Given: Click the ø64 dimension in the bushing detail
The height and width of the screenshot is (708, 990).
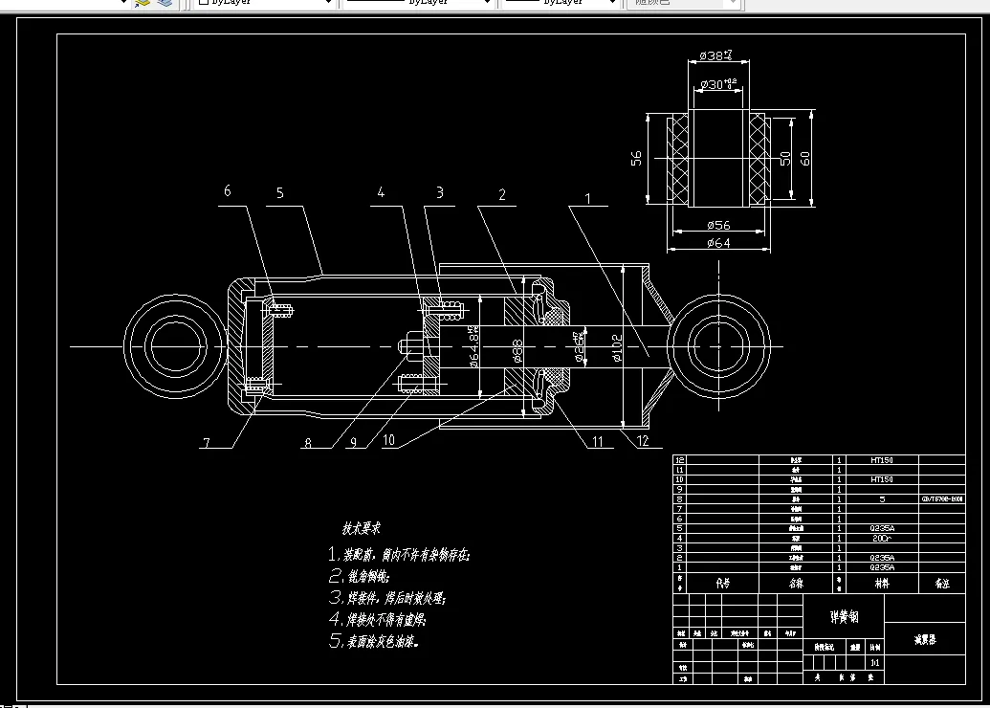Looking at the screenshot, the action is pyautogui.click(x=717, y=243).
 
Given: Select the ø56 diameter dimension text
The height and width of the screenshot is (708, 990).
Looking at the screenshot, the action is pyautogui.click(x=718, y=226).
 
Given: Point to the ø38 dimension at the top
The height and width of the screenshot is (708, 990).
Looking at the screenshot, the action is pyautogui.click(x=715, y=56).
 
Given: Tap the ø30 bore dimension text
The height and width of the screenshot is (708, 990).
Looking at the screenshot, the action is pyautogui.click(x=718, y=84).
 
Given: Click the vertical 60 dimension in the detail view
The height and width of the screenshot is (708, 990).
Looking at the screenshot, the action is pyautogui.click(x=804, y=157).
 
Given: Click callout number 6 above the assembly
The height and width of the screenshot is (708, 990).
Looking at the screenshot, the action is pyautogui.click(x=227, y=191).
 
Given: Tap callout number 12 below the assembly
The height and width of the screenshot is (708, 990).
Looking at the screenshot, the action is pyautogui.click(x=642, y=441).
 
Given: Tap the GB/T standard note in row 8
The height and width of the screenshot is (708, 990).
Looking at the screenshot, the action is pyautogui.click(x=942, y=499).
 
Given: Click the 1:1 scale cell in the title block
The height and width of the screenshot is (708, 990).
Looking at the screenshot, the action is pyautogui.click(x=874, y=662).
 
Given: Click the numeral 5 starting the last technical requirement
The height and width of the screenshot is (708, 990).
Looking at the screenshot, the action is pyautogui.click(x=334, y=641).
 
